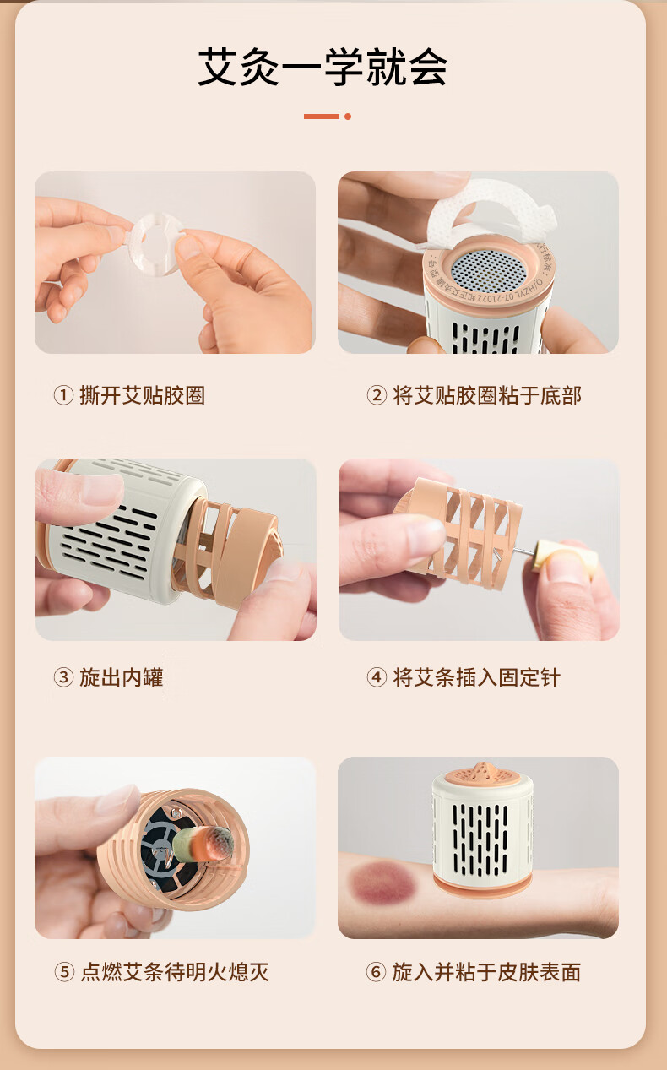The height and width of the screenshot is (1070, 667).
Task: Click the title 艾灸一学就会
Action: pyautogui.click(x=323, y=67)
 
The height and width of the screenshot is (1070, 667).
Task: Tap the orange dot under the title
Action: pyautogui.click(x=348, y=117)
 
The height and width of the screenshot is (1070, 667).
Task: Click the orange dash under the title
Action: pyautogui.click(x=322, y=117)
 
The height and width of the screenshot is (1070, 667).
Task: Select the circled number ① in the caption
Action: pyautogui.click(x=63, y=395)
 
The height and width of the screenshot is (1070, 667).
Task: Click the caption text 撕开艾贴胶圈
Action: pyautogui.click(x=143, y=395)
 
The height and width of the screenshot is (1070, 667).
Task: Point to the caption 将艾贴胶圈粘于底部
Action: pyautogui.click(x=487, y=395)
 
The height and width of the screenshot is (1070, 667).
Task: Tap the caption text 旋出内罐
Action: pyautogui.click(x=122, y=676)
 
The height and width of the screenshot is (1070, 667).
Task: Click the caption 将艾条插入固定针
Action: pyautogui.click(x=476, y=676)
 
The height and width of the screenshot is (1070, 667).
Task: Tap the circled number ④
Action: pyautogui.click(x=377, y=676)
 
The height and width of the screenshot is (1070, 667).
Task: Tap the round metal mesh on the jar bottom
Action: pyautogui.click(x=489, y=271)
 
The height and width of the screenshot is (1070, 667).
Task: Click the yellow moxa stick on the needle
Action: pyautogui.click(x=564, y=556)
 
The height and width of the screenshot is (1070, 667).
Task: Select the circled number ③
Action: pyautogui.click(x=63, y=676)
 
